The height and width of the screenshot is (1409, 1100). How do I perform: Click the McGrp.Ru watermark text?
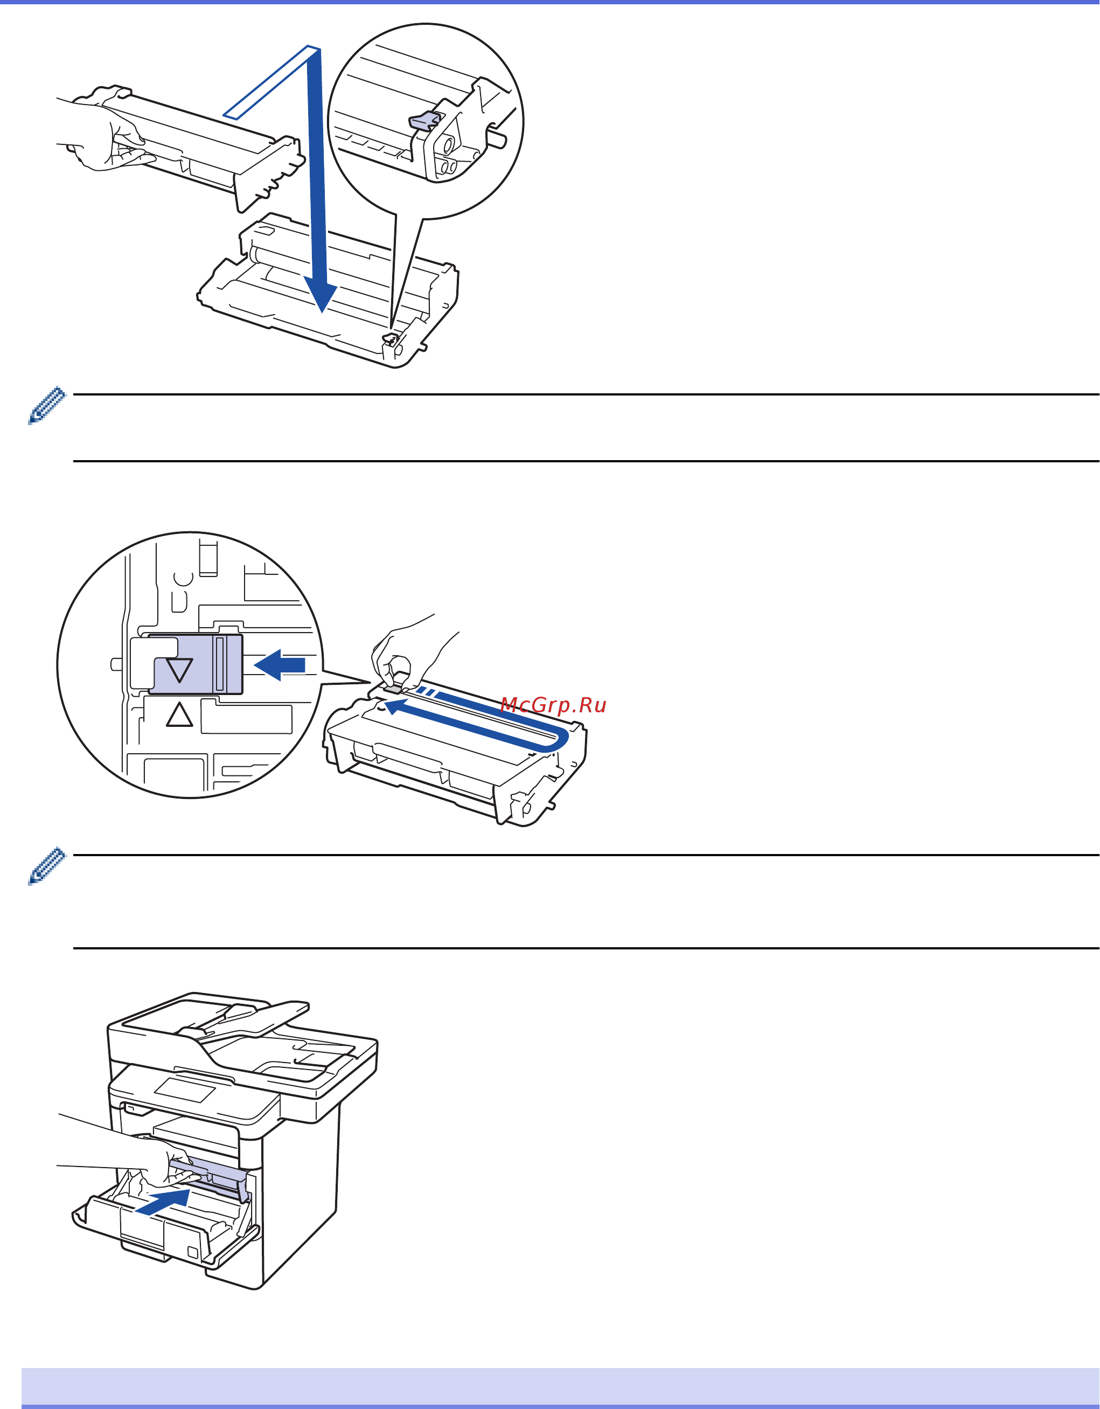553,705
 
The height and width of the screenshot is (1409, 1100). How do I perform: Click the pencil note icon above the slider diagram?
46,405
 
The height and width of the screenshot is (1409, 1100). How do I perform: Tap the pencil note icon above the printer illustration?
46,866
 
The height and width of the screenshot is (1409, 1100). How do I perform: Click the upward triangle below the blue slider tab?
179,716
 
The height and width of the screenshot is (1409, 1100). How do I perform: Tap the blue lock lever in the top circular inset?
423,121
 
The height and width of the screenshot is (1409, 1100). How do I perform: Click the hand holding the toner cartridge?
107,138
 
